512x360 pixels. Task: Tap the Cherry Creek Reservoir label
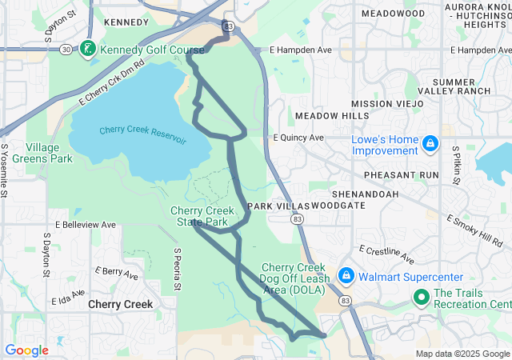(142, 135)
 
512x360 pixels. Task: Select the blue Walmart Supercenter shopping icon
(346, 276)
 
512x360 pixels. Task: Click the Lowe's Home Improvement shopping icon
(430, 142)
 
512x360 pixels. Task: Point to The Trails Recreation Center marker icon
(422, 298)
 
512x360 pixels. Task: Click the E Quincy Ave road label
(298, 138)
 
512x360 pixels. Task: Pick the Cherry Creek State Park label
(200, 216)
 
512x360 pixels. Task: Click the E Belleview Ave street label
(86, 226)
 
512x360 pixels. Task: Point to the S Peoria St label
(178, 270)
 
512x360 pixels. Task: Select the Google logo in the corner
(26, 350)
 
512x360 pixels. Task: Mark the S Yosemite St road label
(5, 170)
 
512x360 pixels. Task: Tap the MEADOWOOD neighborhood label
(393, 14)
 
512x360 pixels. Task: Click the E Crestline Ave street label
(386, 254)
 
